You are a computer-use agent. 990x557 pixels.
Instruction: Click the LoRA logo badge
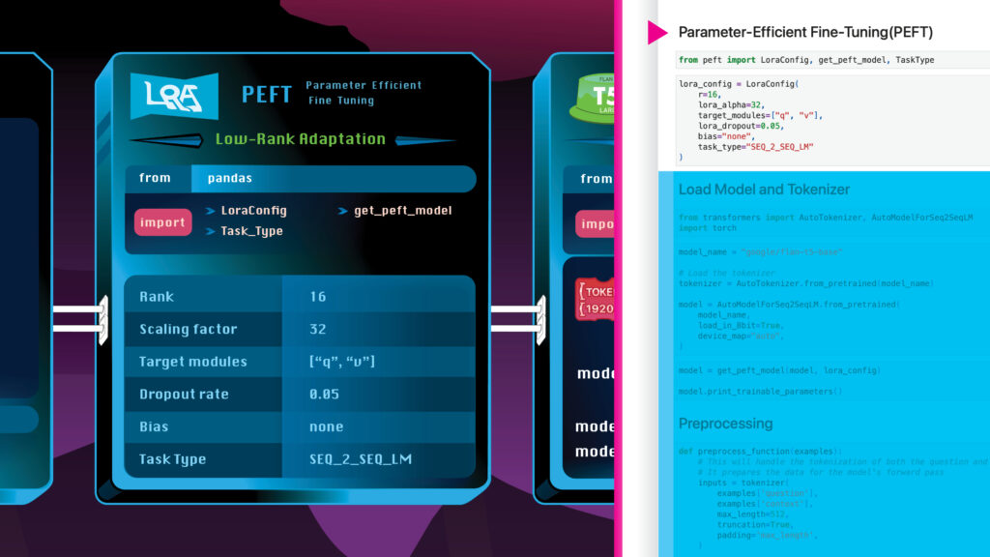pyautogui.click(x=174, y=95)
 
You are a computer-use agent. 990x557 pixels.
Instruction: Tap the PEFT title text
pyautogui.click(x=266, y=94)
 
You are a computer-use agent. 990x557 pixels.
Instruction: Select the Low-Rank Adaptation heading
pyautogui.click(x=300, y=138)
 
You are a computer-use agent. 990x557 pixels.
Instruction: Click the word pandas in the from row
pyautogui.click(x=229, y=179)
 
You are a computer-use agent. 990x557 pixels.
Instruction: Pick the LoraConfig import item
pyautogui.click(x=253, y=210)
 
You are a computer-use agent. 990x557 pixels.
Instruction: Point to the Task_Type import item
pyautogui.click(x=251, y=231)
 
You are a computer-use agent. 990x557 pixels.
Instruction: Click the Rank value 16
pyautogui.click(x=318, y=296)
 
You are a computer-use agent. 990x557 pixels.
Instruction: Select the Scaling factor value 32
pyautogui.click(x=318, y=329)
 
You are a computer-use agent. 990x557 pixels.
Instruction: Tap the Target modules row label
pyautogui.click(x=193, y=362)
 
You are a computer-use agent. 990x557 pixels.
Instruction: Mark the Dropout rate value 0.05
pyautogui.click(x=325, y=395)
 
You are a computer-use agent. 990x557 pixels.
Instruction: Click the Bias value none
pyautogui.click(x=327, y=426)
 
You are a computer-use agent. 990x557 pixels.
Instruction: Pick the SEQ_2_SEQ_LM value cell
pyautogui.click(x=361, y=459)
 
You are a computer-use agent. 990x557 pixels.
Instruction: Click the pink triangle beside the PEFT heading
pyautogui.click(x=657, y=33)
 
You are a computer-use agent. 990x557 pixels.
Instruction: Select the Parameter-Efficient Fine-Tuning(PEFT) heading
pyautogui.click(x=805, y=32)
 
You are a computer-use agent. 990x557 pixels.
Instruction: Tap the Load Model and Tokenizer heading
pyautogui.click(x=764, y=190)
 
